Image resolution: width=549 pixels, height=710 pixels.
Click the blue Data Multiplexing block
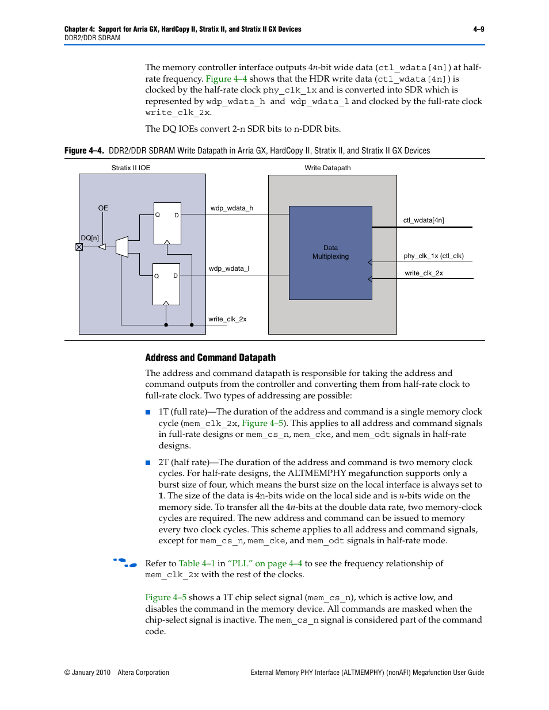pyautogui.click(x=330, y=253)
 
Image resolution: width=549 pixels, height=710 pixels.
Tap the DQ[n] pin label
pyautogui.click(x=90, y=238)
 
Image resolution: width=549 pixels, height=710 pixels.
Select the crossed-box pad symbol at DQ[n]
pyautogui.click(x=79, y=247)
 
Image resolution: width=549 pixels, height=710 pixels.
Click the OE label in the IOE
pyautogui.click(x=103, y=208)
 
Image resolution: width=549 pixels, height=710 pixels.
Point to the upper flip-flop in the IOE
pyautogui.click(x=167, y=223)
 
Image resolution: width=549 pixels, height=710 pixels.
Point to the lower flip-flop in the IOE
pyautogui.click(x=166, y=284)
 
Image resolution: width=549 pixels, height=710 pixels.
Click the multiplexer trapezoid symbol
pyautogui.click(x=122, y=247)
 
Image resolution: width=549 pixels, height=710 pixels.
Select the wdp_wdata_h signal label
pyautogui.click(x=231, y=208)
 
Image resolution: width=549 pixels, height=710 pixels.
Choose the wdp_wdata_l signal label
pyautogui.click(x=228, y=268)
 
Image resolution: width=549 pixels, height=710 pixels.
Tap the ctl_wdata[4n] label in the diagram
pyautogui.click(x=424, y=220)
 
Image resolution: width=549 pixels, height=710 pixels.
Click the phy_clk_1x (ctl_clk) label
pyautogui.click(x=433, y=256)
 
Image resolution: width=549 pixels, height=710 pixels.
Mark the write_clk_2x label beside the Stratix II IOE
pyautogui.click(x=227, y=319)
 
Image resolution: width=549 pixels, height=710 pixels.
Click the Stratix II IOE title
pyautogui.click(x=131, y=168)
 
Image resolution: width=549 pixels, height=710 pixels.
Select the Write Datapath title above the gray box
pyautogui.click(x=327, y=168)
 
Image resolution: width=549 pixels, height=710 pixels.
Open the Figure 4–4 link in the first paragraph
pyautogui.click(x=226, y=79)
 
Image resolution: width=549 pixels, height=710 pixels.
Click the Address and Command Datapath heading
pyautogui.click(x=210, y=358)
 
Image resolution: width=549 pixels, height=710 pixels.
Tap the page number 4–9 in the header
pyautogui.click(x=478, y=29)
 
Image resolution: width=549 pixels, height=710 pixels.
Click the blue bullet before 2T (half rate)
pyautogui.click(x=148, y=463)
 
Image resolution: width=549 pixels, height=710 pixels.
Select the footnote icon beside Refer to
pyautogui.click(x=125, y=563)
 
